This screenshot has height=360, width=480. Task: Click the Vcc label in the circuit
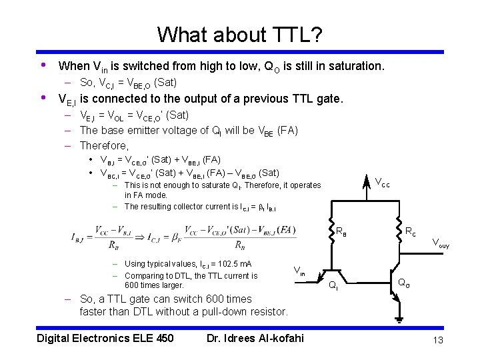click(x=383, y=182)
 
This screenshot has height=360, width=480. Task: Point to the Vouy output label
click(x=441, y=244)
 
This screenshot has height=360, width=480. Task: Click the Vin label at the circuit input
click(x=299, y=271)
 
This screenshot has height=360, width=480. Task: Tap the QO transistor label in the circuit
click(x=404, y=283)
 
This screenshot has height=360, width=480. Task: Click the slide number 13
click(x=437, y=341)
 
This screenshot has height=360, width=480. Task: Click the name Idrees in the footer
click(x=247, y=338)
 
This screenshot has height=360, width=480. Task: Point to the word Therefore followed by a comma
click(x=104, y=145)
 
